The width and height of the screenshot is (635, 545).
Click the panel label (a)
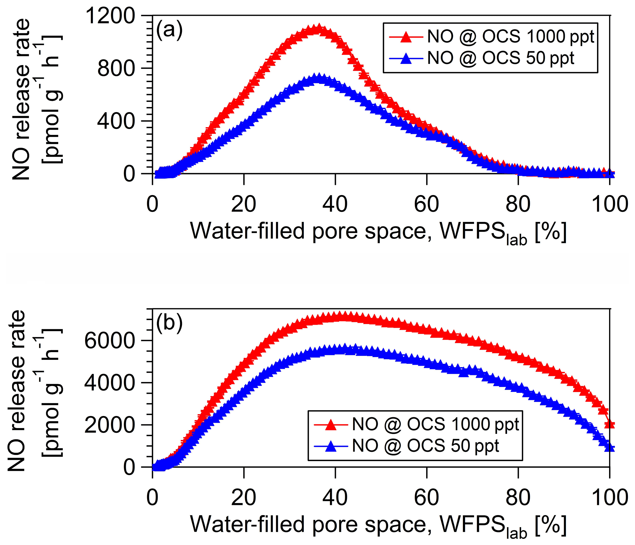click(x=169, y=30)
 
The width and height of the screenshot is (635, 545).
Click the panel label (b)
click(x=169, y=323)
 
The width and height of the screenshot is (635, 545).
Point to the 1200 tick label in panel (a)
click(x=110, y=15)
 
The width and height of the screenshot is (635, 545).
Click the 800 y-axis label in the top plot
click(x=116, y=68)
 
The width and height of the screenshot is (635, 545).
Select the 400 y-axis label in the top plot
click(x=116, y=121)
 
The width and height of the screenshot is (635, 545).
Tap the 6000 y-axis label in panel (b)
click(x=109, y=341)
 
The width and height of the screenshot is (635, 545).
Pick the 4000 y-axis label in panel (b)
click(x=109, y=383)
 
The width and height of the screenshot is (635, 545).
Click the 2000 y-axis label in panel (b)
click(x=109, y=425)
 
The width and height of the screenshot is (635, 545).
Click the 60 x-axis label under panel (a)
click(x=427, y=204)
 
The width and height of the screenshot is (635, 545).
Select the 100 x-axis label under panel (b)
click(x=609, y=497)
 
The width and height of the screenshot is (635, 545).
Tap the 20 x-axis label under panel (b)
click(x=244, y=497)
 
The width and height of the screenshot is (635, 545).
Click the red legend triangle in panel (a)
click(x=406, y=37)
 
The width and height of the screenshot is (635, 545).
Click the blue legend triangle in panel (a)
click(x=406, y=58)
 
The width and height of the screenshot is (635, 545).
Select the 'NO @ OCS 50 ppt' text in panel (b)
click(x=425, y=446)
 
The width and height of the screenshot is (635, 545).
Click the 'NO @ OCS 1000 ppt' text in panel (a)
click(x=510, y=37)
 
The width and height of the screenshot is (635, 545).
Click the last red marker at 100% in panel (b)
click(x=609, y=424)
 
